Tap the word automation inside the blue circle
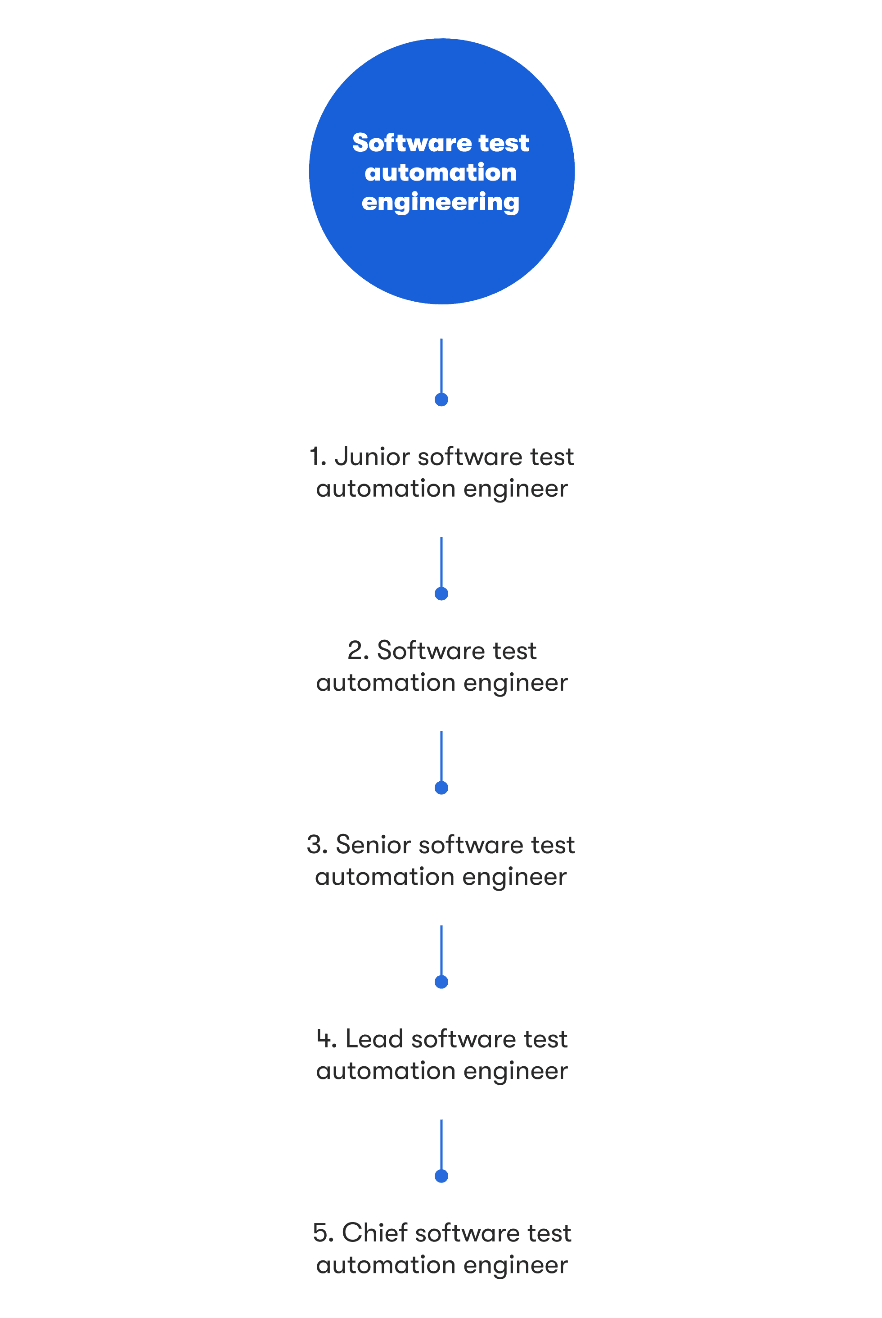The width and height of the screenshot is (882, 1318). (441, 172)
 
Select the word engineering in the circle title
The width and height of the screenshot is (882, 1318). (441, 202)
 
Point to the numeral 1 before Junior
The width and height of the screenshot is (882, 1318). (315, 457)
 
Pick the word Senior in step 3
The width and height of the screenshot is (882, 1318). (373, 845)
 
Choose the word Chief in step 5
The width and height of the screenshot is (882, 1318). (374, 1233)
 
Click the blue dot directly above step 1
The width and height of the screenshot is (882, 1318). (441, 399)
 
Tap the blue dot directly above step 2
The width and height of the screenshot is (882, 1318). (441, 594)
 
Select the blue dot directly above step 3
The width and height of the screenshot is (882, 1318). (441, 788)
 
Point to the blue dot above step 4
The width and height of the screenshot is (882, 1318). (441, 982)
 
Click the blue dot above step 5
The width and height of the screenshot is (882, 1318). (441, 1176)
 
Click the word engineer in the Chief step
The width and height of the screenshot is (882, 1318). (515, 1266)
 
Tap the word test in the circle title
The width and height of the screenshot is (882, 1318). (504, 143)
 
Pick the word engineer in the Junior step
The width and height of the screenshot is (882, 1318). (515, 489)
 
